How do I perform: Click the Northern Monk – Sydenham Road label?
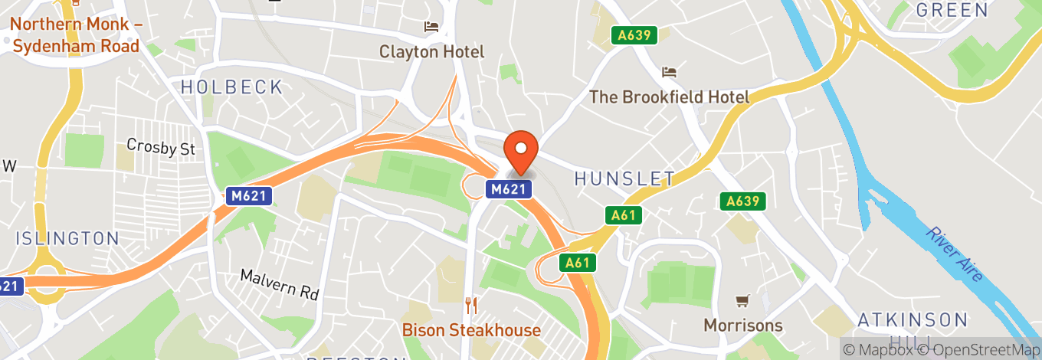click(75, 35)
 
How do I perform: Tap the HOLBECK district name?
click(232, 87)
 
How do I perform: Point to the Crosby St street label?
click(161, 146)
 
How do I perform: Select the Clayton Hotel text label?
click(432, 52)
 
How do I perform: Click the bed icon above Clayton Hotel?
click(431, 28)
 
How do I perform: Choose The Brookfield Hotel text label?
click(669, 97)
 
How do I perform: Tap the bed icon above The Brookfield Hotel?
click(669, 73)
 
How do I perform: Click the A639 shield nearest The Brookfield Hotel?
click(634, 35)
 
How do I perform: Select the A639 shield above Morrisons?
click(742, 201)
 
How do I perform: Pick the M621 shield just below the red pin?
click(508, 188)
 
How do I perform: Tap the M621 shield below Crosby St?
click(248, 196)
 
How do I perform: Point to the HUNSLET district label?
click(624, 179)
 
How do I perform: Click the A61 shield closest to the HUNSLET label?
click(622, 216)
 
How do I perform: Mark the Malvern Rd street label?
click(279, 284)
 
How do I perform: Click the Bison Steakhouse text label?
click(472, 331)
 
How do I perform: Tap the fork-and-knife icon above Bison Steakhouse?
click(471, 306)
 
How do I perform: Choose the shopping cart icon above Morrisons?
click(742, 300)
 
